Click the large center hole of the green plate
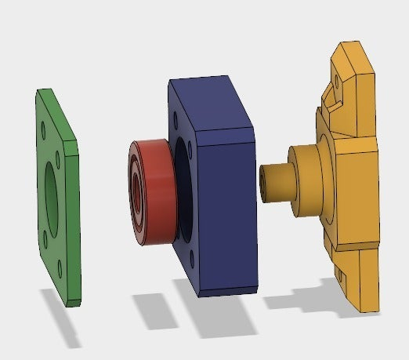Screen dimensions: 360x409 point(52,191)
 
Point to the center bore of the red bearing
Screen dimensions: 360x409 point(139,191)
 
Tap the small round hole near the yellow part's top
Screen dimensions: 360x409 point(338,79)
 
